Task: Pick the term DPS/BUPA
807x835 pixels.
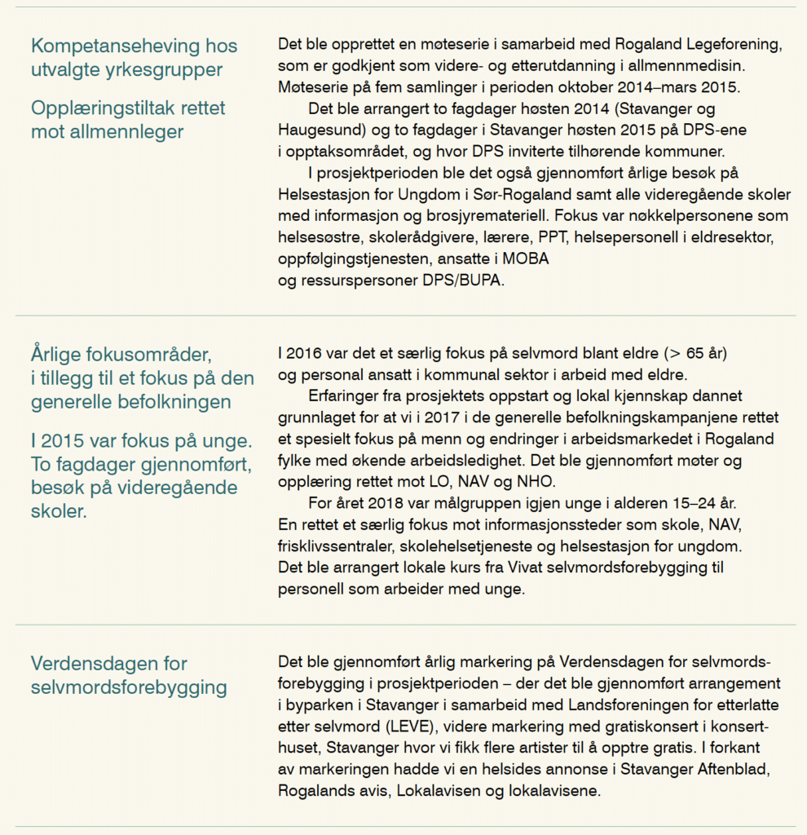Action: pos(472,279)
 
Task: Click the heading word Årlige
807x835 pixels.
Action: pos(58,356)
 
